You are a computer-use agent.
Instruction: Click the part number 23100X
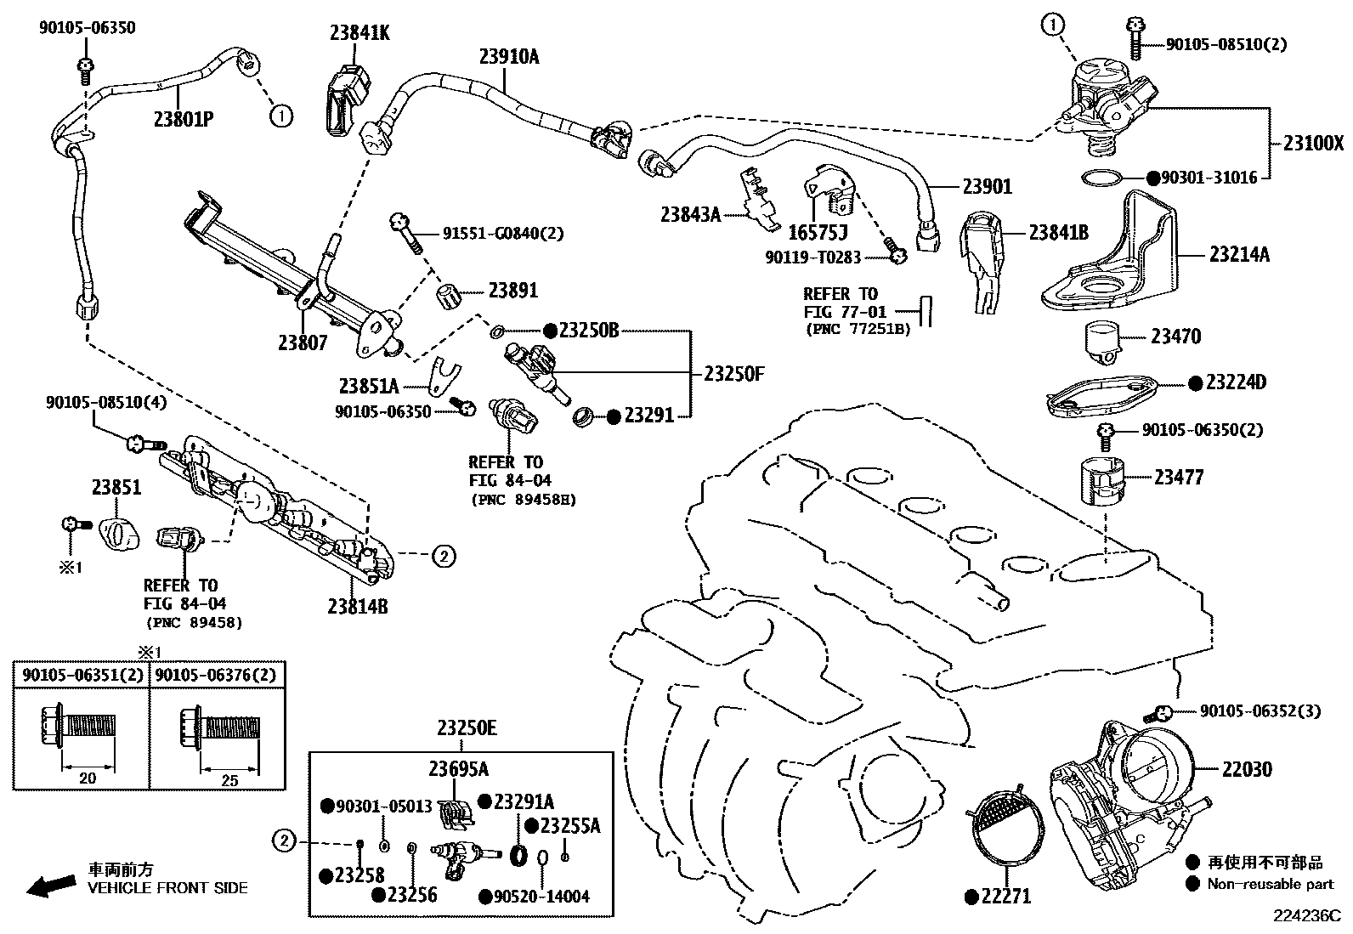[x=1313, y=144]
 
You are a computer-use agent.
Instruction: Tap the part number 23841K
[x=359, y=33]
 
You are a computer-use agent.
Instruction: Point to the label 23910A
[x=508, y=57]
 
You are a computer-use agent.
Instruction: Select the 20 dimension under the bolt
[x=87, y=778]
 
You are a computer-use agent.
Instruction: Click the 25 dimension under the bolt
[x=229, y=780]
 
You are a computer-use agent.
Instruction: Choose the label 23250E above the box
[x=467, y=728]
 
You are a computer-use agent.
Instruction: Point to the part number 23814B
[x=357, y=606]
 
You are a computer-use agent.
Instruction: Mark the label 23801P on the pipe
[x=183, y=118]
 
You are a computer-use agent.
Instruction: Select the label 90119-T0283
[x=812, y=256]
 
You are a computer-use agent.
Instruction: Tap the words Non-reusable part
[x=1270, y=884]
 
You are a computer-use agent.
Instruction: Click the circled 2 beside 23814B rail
[x=443, y=557]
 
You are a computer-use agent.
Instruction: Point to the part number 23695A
[x=458, y=769]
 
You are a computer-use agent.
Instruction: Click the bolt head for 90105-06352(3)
[x=1163, y=711]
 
